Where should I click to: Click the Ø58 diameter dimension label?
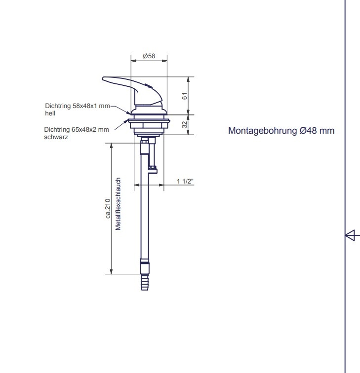[x=149, y=56]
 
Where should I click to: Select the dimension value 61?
[x=185, y=96]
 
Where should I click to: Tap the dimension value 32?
[x=185, y=125]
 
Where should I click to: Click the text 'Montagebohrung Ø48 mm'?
[x=281, y=131]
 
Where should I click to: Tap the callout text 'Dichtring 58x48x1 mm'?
[x=77, y=106]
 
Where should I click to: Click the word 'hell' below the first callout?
[x=49, y=113]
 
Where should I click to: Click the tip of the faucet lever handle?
[x=104, y=78]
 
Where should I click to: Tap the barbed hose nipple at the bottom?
[x=145, y=283]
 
